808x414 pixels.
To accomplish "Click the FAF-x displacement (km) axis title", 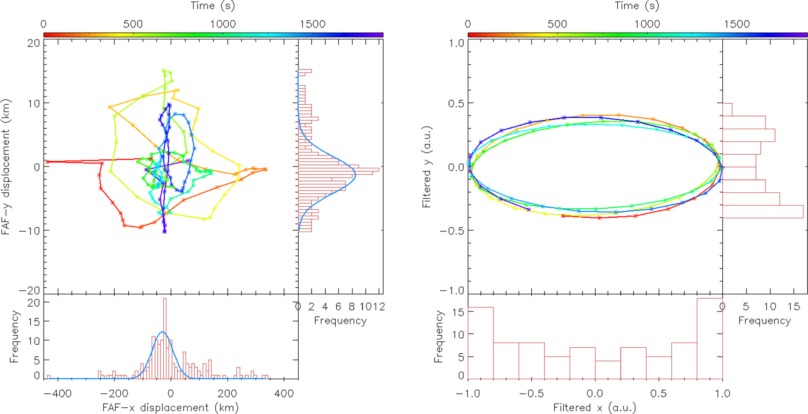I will [x=171, y=407].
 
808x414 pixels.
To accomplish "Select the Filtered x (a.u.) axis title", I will [x=595, y=407].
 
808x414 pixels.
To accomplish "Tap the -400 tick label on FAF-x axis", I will [x=57, y=394].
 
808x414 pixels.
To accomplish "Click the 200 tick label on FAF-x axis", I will [x=227, y=394].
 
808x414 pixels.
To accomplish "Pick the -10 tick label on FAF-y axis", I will [x=29, y=230].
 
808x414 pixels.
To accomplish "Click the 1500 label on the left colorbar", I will [x=312, y=24].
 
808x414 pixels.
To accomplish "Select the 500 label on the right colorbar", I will [x=557, y=24].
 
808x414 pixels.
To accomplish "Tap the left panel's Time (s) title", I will [x=213, y=6].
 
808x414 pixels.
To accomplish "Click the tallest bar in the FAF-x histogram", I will [x=165, y=335].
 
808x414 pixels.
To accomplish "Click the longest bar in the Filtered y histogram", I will [x=763, y=211].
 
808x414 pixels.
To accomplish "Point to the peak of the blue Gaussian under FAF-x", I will [x=162, y=332].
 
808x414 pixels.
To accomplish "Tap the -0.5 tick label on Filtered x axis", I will [x=531, y=394].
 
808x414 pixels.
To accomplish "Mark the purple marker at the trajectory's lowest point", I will [x=164, y=232].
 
